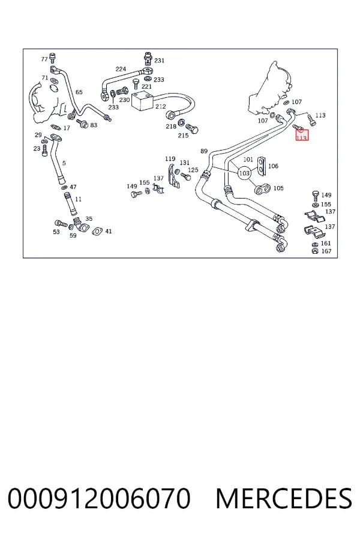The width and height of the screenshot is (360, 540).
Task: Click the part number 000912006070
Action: click(99, 498)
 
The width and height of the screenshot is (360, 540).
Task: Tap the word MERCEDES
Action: click(284, 498)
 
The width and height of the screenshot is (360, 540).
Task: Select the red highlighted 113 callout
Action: click(302, 136)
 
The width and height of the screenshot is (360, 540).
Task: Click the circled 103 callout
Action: click(244, 173)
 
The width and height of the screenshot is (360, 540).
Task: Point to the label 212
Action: click(161, 106)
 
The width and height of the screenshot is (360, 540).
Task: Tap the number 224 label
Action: click(121, 69)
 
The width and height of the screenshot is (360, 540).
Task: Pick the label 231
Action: click(159, 61)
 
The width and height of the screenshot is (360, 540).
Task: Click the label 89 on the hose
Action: click(204, 151)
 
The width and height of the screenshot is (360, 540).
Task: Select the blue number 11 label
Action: click(78, 199)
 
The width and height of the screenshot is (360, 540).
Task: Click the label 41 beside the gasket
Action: click(109, 232)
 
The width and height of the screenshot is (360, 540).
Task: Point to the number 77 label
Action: click(44, 59)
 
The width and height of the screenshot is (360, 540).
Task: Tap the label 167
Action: click(326, 251)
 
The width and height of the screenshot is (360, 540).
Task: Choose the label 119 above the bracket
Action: click(170, 159)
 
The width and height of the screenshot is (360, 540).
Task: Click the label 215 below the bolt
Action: click(183, 136)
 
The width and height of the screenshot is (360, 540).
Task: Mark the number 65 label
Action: click(79, 92)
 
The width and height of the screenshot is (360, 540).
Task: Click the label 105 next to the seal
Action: click(278, 188)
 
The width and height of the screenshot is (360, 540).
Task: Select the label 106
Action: click(273, 166)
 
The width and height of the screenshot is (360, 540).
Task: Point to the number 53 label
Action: click(56, 232)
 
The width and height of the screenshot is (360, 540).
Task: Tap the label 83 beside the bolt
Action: click(94, 125)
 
